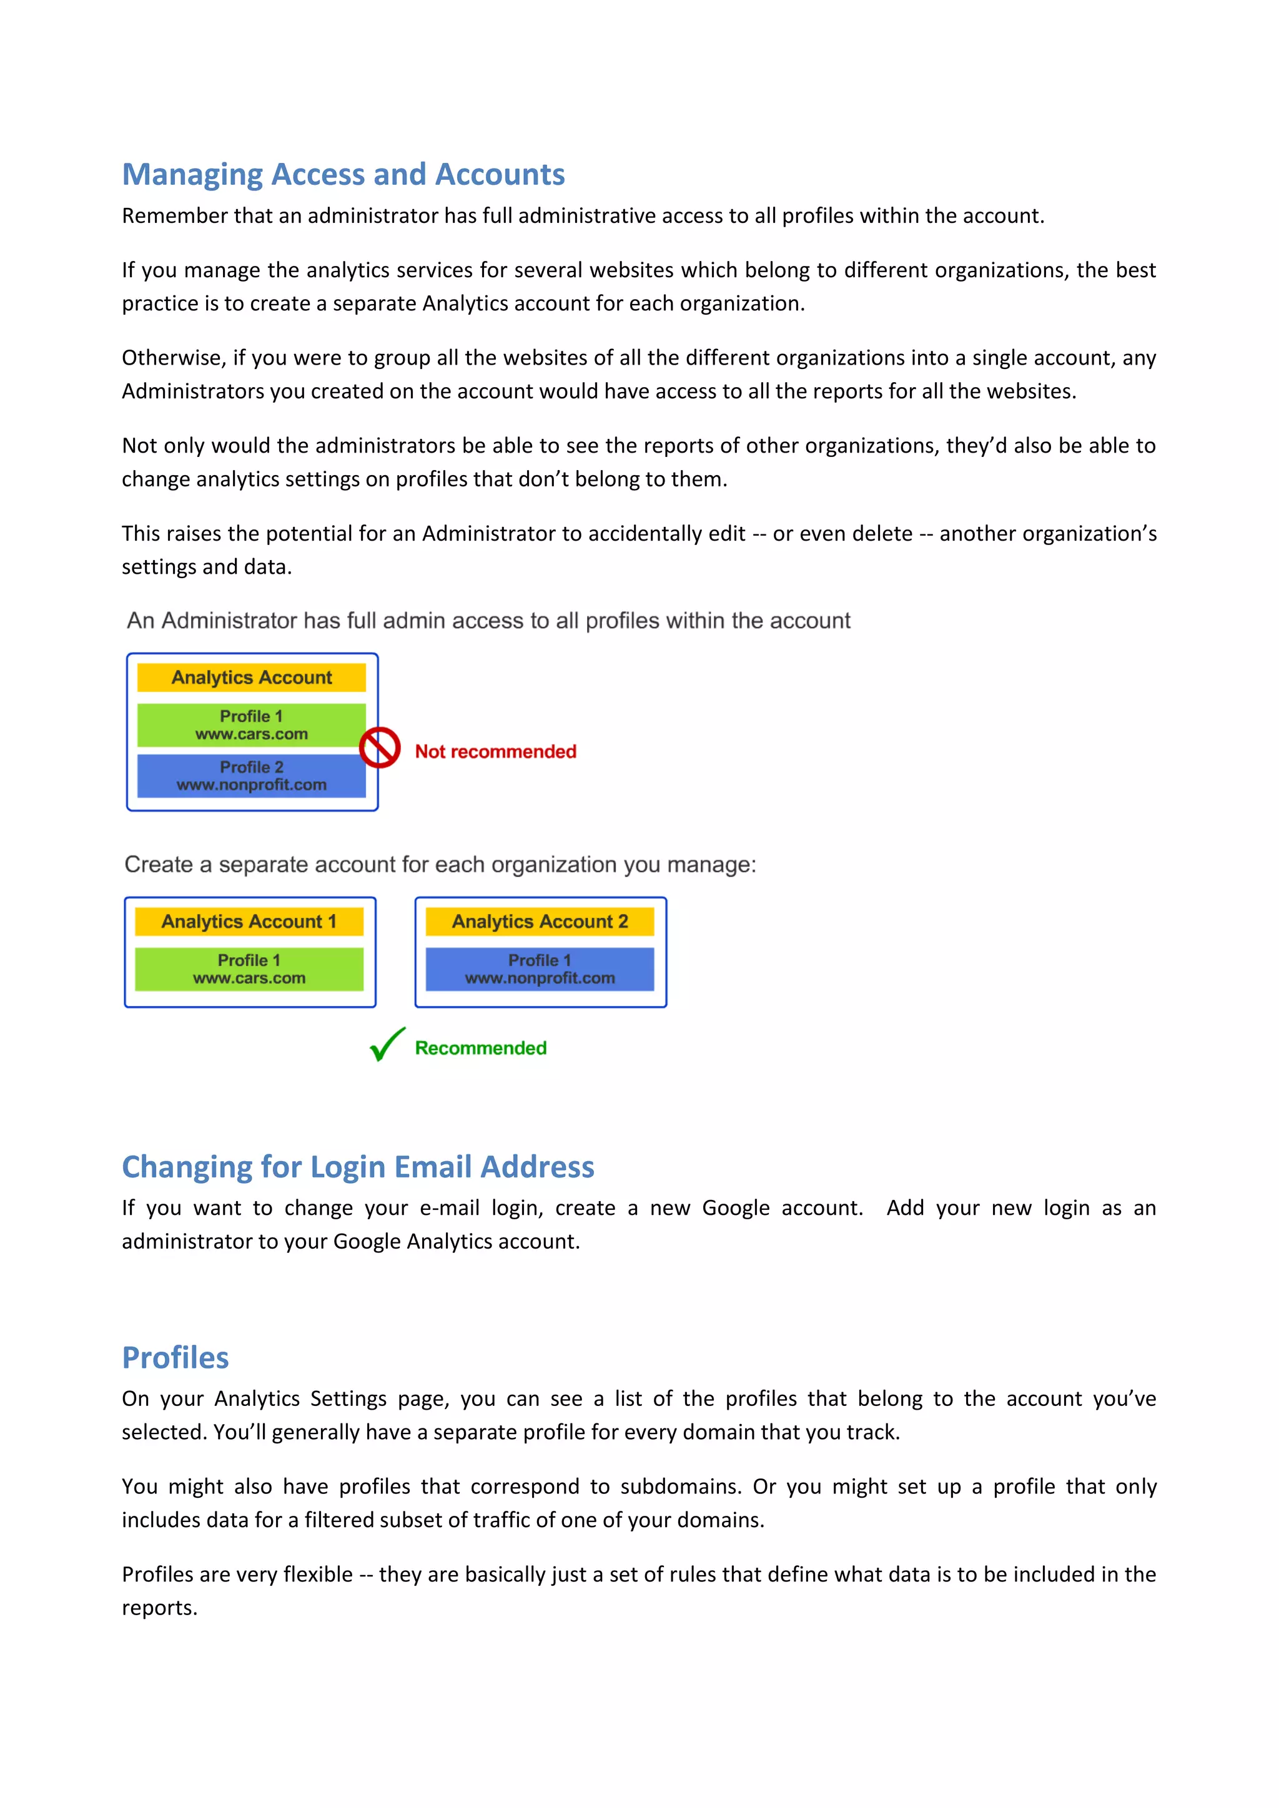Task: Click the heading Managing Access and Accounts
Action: click(x=343, y=174)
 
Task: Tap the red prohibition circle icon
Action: click(x=380, y=747)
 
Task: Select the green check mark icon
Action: click(x=387, y=1045)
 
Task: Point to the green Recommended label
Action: click(x=480, y=1048)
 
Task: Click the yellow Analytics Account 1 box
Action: click(x=249, y=921)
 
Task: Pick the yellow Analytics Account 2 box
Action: click(x=540, y=921)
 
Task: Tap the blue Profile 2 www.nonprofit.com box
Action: click(x=251, y=775)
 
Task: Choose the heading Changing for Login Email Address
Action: click(x=358, y=1167)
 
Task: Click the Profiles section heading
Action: click(x=175, y=1358)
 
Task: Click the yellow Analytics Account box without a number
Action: click(x=251, y=677)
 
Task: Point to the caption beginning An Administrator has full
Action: click(x=488, y=621)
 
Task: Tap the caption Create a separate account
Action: click(x=440, y=865)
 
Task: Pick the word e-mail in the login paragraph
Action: click(x=449, y=1208)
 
